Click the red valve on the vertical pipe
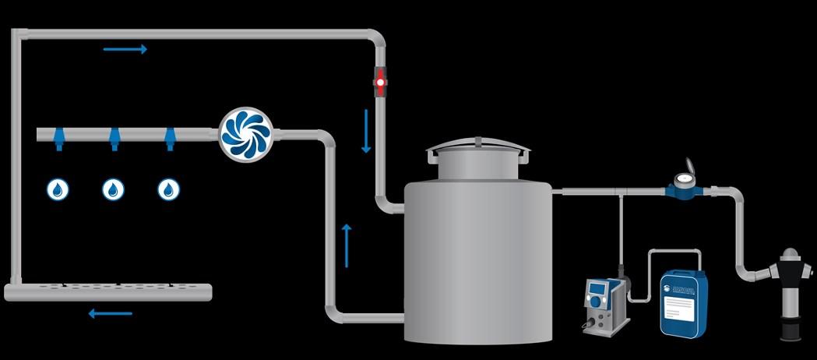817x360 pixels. coord(380,80)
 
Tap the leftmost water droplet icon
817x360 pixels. coord(58,189)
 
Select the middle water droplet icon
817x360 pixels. coord(114,189)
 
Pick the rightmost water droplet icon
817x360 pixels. coord(169,189)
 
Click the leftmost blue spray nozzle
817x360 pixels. coord(58,139)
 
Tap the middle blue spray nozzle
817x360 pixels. coord(114,139)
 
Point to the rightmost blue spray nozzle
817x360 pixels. coord(169,139)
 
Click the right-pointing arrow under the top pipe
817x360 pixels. coord(125,50)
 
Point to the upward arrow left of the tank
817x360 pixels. coord(347,245)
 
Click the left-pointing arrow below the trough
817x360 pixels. coord(110,314)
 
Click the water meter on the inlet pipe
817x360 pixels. coord(686,182)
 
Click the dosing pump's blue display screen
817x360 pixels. coord(597,292)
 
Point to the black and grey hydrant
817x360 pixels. coord(788,295)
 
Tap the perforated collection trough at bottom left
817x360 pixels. coord(108,291)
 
